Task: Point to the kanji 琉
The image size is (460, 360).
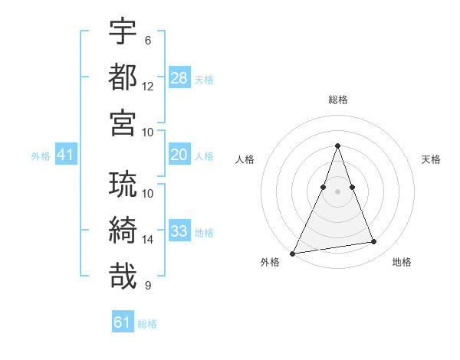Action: click(x=123, y=185)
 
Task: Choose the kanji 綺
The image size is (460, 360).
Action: click(x=123, y=231)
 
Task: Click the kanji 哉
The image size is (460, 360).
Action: click(x=123, y=276)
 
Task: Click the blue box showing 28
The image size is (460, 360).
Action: click(x=179, y=77)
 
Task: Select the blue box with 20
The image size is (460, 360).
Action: click(x=179, y=155)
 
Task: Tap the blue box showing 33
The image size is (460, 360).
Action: click(x=179, y=231)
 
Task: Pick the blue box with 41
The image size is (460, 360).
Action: click(x=66, y=155)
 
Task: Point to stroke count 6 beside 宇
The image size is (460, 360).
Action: click(x=148, y=41)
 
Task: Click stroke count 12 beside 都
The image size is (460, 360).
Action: click(x=148, y=87)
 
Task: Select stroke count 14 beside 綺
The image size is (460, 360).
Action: click(x=148, y=240)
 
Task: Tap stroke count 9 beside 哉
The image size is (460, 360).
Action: click(x=148, y=286)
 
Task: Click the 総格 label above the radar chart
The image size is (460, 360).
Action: click(x=338, y=100)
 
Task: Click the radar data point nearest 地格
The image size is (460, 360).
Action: click(x=374, y=242)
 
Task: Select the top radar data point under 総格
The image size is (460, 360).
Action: click(x=337, y=146)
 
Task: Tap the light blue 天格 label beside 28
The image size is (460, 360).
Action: click(x=204, y=79)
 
